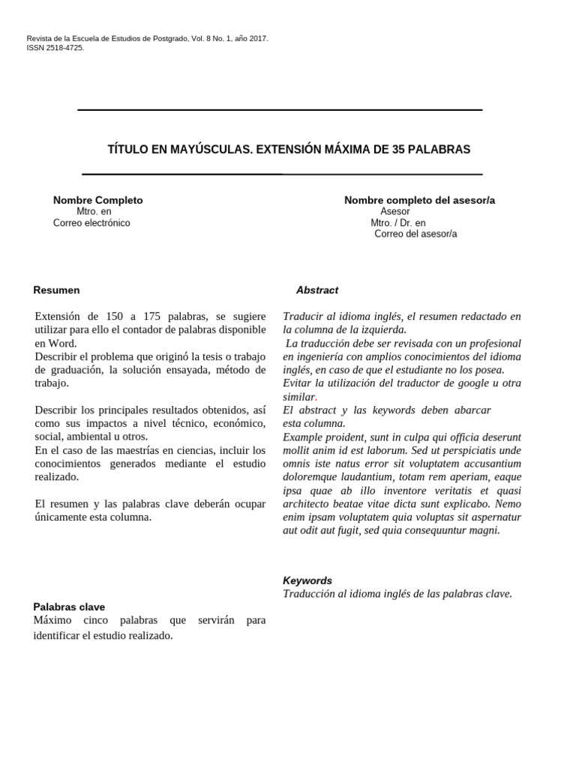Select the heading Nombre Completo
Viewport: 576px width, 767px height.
click(97, 201)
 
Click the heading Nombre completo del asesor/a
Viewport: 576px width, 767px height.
click(419, 201)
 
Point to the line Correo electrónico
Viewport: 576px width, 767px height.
click(91, 223)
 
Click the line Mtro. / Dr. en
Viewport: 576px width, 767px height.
click(397, 223)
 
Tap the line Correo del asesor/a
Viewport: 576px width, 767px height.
click(415, 234)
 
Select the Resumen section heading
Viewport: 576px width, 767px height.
click(56, 290)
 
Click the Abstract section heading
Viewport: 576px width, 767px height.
click(316, 290)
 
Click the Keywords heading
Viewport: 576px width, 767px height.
click(307, 580)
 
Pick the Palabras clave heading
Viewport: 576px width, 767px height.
click(69, 607)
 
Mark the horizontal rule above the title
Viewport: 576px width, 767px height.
click(280, 110)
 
